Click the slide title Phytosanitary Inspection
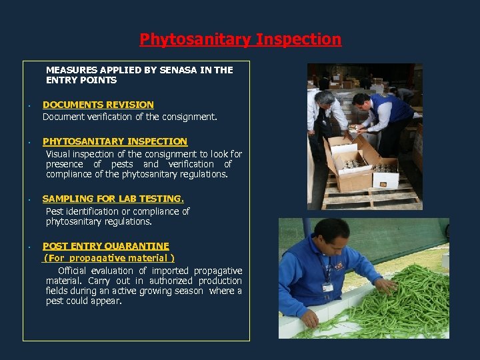pos(240,39)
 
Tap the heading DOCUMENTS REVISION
pos(98,105)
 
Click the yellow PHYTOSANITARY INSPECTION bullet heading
pos(115,141)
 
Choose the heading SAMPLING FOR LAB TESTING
pos(113,199)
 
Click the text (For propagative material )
pos(109,258)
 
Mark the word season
pos(189,291)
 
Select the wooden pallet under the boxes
pos(373,198)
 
